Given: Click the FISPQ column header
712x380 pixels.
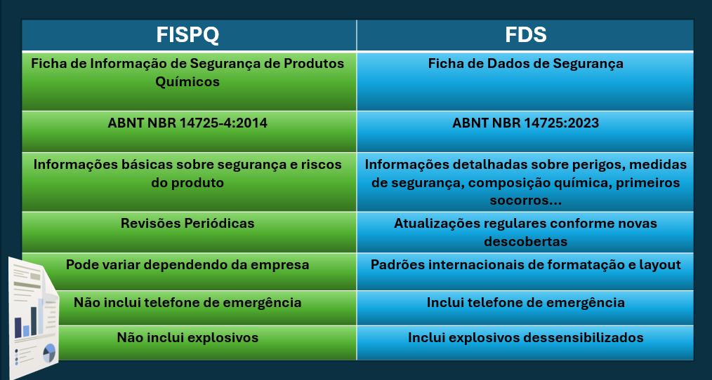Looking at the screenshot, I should tap(187, 35).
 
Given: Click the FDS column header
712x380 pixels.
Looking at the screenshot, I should tap(525, 35).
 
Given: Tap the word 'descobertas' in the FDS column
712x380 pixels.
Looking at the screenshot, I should tap(525, 241).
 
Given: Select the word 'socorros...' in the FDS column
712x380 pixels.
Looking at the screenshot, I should tap(525, 201).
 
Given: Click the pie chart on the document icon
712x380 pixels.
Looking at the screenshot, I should tap(49, 352).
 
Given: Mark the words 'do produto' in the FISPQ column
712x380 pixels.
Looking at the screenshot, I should tap(187, 182).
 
